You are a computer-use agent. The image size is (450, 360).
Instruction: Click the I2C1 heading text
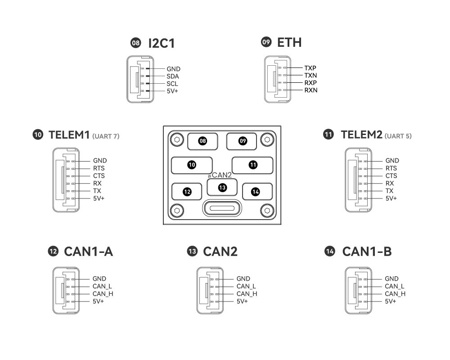pos(161,43)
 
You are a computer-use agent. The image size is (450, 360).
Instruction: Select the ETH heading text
pos(289,42)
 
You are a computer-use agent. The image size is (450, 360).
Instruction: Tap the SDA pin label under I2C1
pos(173,76)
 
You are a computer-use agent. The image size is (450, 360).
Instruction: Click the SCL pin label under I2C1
pos(172,84)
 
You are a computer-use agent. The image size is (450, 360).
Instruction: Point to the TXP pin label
pos(310,68)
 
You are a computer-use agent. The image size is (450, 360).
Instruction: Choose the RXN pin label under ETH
pos(311,90)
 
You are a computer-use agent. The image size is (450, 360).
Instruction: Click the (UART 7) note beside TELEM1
pos(106,136)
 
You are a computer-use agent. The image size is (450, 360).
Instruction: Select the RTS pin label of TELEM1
pos(99,168)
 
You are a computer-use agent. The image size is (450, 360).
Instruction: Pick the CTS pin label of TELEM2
pos(391,176)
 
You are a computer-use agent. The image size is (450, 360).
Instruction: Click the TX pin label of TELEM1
pos(97,191)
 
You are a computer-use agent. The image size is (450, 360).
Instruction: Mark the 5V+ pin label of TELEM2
pos(391,198)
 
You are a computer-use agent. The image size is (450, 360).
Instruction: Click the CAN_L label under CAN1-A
pos(102,286)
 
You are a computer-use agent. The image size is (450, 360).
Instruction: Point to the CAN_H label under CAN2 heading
pos(247,294)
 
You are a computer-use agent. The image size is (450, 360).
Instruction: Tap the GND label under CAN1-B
pos(392,279)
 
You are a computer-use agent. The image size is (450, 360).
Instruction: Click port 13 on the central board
pos(222,187)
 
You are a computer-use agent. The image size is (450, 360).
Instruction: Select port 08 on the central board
pos(203,141)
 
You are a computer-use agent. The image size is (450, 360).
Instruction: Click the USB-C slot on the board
pos(222,209)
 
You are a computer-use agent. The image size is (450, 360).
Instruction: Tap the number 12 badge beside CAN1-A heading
pos(53,252)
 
